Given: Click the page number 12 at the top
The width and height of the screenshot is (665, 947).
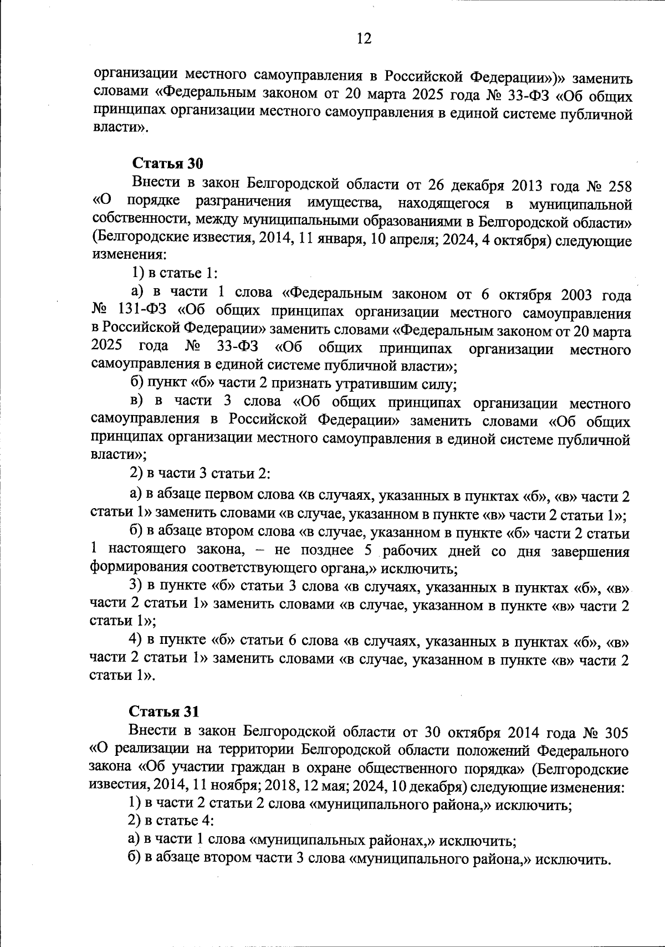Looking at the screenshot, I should pos(364,38).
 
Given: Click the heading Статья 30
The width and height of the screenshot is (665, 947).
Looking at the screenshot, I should pos(168,163).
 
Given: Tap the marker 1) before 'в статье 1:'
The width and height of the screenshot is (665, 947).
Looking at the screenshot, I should pos(137,274).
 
